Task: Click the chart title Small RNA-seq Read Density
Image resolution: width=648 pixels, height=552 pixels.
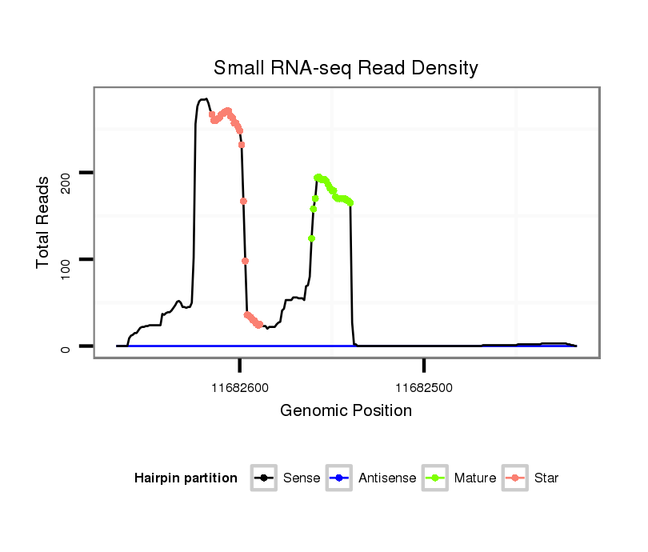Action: [346, 68]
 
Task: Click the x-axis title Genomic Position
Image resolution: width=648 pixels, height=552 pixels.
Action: [346, 411]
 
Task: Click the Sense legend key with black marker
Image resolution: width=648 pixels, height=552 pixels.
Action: [263, 478]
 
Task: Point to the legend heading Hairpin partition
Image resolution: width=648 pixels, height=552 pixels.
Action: [186, 478]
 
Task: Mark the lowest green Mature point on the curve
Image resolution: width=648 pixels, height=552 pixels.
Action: [311, 238]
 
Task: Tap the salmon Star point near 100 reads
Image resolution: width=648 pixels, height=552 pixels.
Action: [245, 261]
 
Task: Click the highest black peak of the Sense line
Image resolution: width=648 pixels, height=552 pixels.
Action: [205, 99]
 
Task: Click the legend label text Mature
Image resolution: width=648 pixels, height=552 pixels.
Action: [474, 478]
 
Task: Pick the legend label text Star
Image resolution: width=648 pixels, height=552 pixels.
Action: [546, 478]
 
